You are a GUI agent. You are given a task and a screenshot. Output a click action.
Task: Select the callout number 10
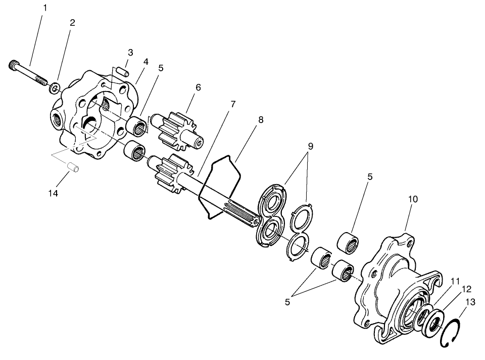[413, 199]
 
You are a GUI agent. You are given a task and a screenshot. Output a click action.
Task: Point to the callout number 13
[470, 302]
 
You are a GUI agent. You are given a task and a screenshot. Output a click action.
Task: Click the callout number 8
[261, 120]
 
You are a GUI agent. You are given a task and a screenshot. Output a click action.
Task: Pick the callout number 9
[310, 147]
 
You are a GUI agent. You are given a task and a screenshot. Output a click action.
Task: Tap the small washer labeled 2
[54, 89]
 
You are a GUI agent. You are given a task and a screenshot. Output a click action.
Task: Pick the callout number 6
[198, 87]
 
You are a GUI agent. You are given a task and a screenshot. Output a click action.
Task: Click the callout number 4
[145, 62]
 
